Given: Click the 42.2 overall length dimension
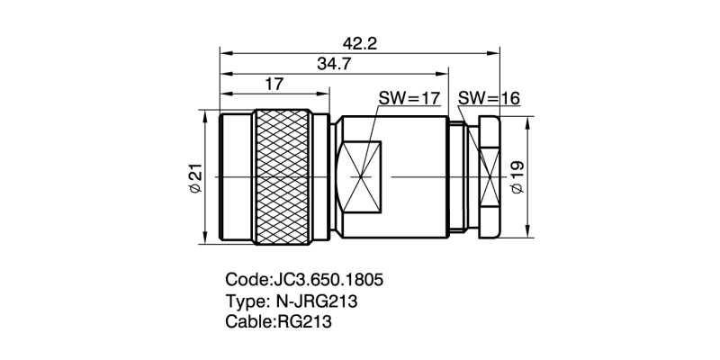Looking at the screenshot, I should pyautogui.click(x=359, y=42).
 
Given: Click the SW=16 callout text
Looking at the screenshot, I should pyautogui.click(x=489, y=99).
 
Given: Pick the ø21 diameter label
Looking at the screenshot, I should pyautogui.click(x=194, y=178).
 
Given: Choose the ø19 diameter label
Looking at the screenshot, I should pyautogui.click(x=517, y=178).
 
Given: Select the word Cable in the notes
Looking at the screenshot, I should pyautogui.click(x=245, y=320).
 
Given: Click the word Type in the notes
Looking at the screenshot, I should pyautogui.click(x=243, y=300).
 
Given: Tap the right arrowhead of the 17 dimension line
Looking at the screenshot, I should pyautogui.click(x=326, y=94).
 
